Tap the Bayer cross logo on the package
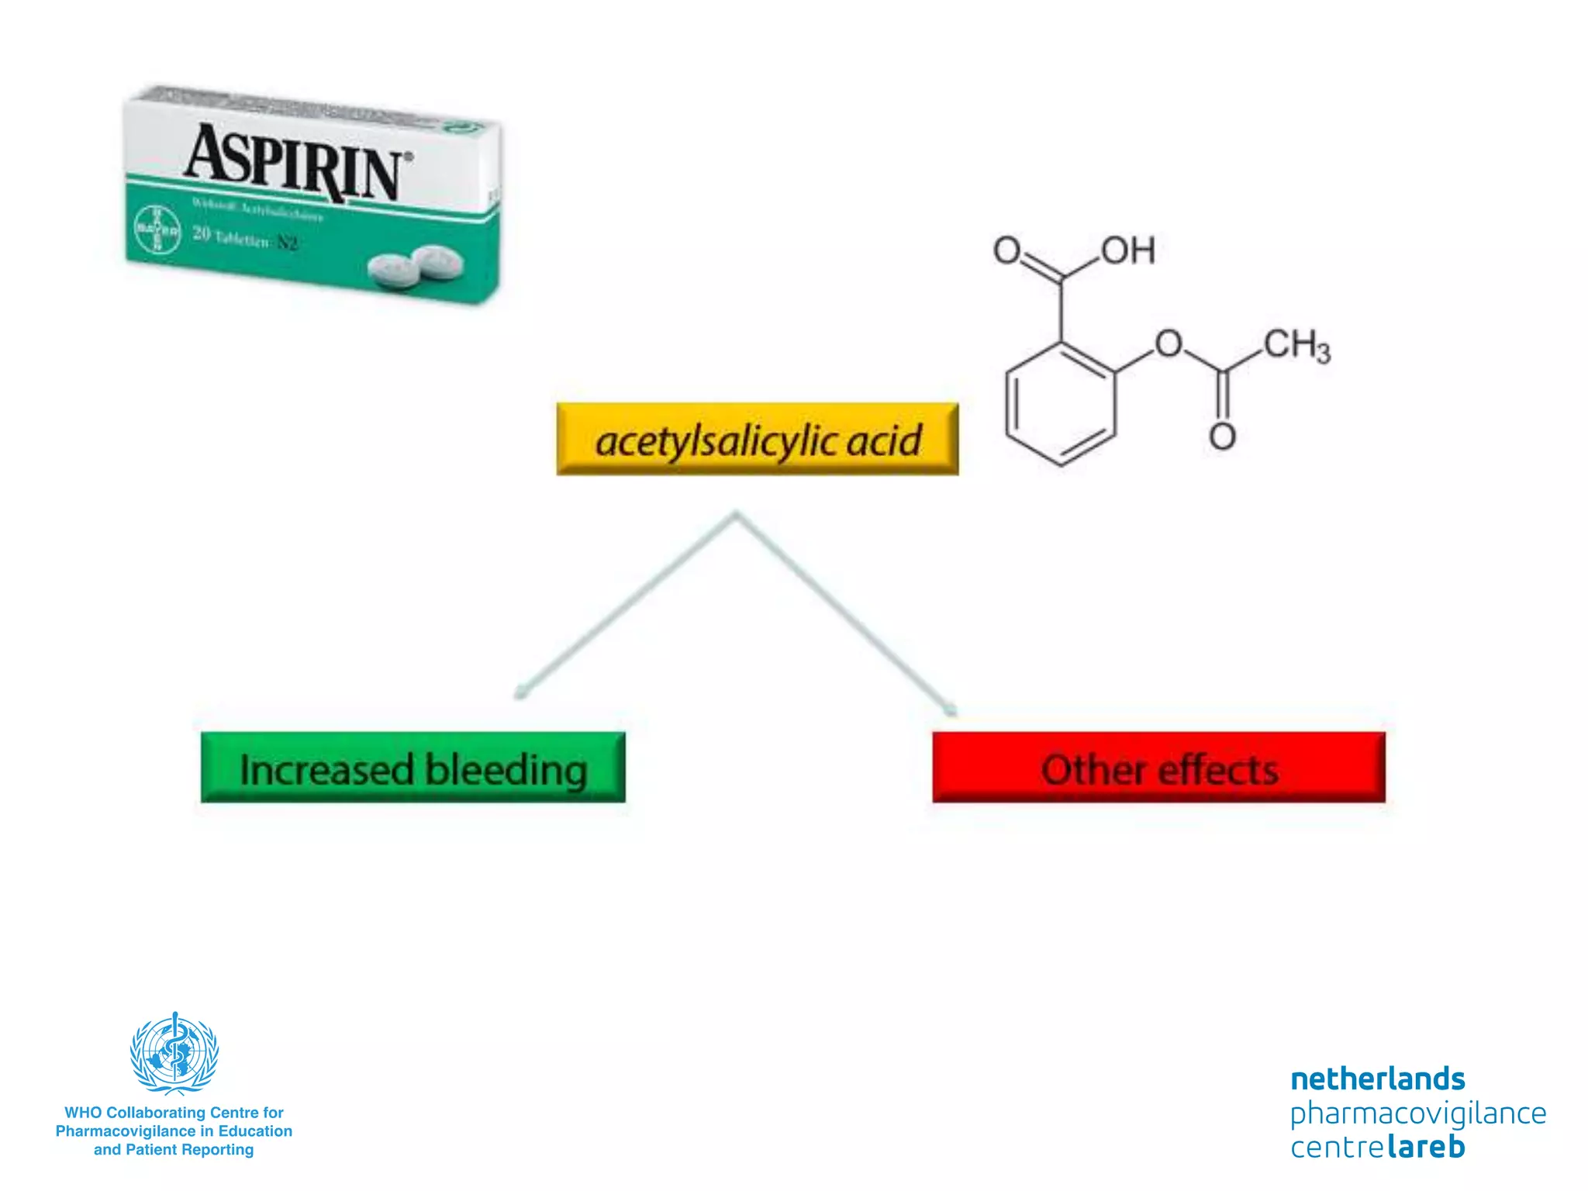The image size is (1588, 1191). [x=157, y=230]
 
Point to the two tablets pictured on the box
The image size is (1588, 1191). [x=416, y=268]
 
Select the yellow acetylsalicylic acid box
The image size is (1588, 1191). [x=757, y=440]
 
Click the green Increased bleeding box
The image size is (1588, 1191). [x=413, y=768]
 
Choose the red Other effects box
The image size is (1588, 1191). [x=1158, y=768]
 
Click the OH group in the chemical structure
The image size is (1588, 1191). [x=1128, y=250]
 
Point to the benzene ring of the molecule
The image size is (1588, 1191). [x=1061, y=405]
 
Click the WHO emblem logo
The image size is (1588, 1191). [x=174, y=1052]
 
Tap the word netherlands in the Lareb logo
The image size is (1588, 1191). [x=1377, y=1079]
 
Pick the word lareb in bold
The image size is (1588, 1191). [x=1426, y=1147]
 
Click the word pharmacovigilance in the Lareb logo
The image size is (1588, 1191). [x=1417, y=1113]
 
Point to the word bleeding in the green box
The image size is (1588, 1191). [x=506, y=770]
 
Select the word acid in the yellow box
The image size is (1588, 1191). [x=883, y=440]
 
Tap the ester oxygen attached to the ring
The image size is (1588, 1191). [x=1169, y=343]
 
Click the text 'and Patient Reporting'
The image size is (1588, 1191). [x=174, y=1150]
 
